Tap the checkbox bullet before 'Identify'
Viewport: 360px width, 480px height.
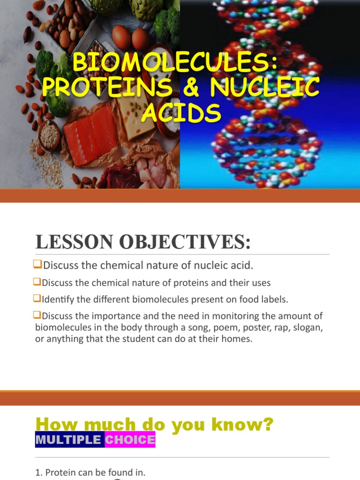point(38,298)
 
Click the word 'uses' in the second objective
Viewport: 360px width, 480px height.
point(262,283)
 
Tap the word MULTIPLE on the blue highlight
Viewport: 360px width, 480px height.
point(68,440)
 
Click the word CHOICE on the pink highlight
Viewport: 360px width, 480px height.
point(130,440)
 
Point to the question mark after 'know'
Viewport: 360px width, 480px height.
point(268,425)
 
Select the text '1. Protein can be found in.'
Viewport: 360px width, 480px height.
point(90,472)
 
